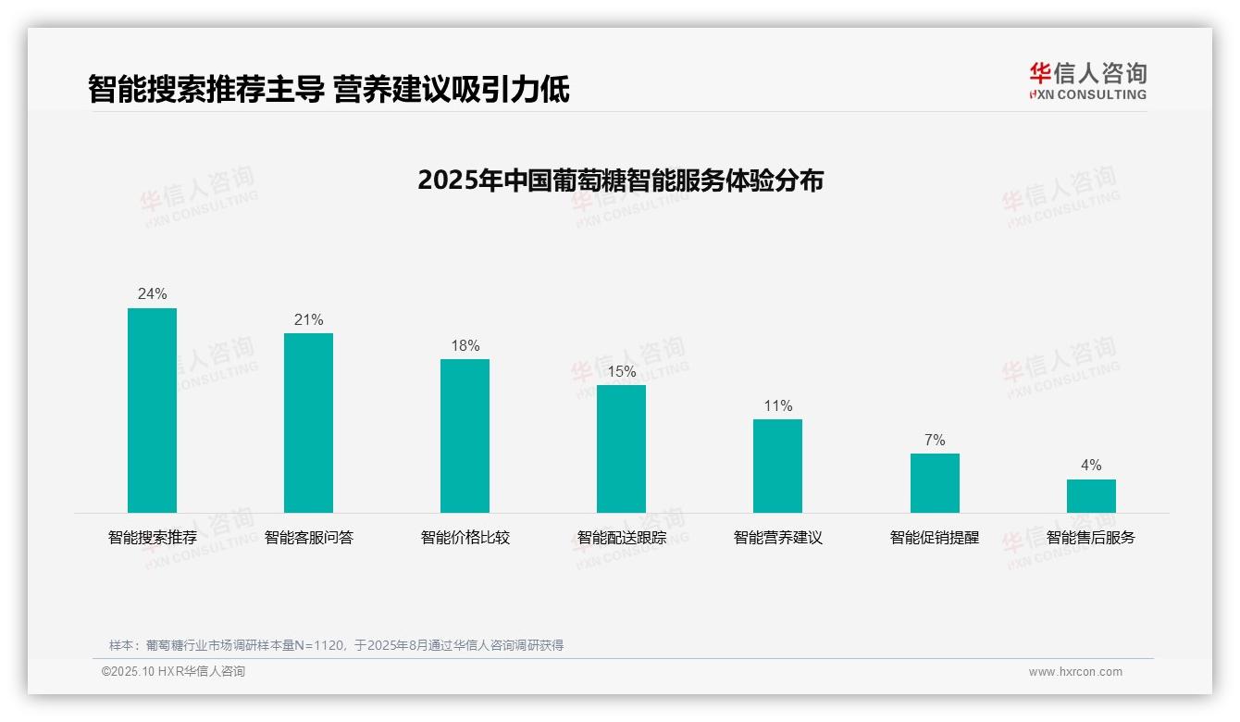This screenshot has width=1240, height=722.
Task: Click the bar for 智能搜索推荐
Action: [x=152, y=410]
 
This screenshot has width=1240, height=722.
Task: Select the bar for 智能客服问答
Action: [x=308, y=423]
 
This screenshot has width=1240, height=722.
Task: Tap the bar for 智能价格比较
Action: [x=465, y=436]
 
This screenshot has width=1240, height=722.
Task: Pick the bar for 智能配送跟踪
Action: [x=621, y=449]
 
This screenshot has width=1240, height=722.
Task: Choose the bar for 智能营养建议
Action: [x=777, y=466]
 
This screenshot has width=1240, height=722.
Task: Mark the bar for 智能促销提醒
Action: [x=935, y=483]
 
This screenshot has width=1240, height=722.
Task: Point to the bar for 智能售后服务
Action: [x=1091, y=496]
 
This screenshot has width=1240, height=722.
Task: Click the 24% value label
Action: [x=152, y=294]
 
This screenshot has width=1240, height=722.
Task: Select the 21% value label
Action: [x=308, y=320]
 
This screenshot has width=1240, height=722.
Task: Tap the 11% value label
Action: [x=777, y=406]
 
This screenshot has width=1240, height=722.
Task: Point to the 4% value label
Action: [x=1091, y=466]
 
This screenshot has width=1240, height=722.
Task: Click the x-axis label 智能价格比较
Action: [x=465, y=538]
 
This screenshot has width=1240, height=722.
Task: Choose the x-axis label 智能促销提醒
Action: [x=935, y=538]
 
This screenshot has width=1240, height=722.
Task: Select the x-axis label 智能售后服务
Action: [x=1091, y=538]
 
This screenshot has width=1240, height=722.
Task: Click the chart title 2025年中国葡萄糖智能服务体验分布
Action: [x=620, y=180]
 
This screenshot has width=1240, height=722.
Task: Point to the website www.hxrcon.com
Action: [x=1075, y=672]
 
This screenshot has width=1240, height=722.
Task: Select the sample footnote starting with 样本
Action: [x=336, y=645]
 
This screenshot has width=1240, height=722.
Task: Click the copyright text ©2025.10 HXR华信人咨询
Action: [x=173, y=672]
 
